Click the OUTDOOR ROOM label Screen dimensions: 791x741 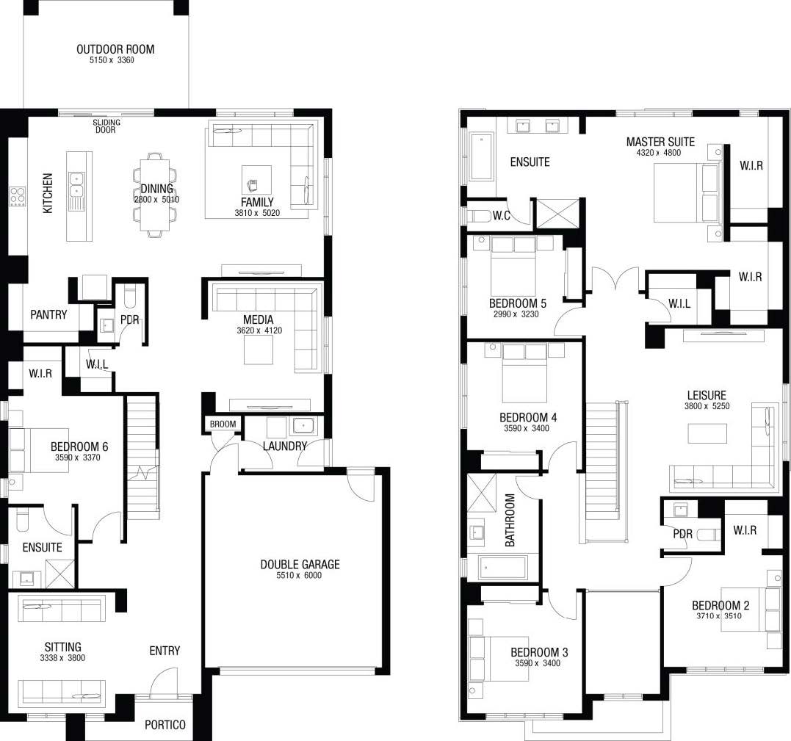click(x=115, y=49)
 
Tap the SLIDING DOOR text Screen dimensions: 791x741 click(x=106, y=126)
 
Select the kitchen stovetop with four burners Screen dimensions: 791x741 click(x=18, y=196)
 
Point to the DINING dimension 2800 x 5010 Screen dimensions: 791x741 click(x=156, y=200)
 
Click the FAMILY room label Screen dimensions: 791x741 click(x=257, y=202)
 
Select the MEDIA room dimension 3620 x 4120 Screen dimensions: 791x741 click(x=259, y=331)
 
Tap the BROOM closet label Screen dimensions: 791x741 click(x=223, y=424)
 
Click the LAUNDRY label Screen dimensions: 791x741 click(x=285, y=446)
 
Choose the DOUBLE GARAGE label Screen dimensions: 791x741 click(x=300, y=565)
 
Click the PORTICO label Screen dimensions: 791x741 click(x=165, y=725)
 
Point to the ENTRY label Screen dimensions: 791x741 click(x=165, y=651)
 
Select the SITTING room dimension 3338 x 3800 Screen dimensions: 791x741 click(x=62, y=658)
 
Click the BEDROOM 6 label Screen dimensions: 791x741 click(x=79, y=447)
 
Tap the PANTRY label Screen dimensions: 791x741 click(x=48, y=315)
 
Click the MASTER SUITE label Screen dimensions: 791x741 click(x=660, y=142)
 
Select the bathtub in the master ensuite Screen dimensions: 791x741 click(x=482, y=156)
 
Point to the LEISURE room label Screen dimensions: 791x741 click(x=707, y=395)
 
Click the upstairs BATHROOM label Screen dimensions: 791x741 click(x=510, y=520)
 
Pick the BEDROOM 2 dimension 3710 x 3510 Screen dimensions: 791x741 click(x=719, y=616)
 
